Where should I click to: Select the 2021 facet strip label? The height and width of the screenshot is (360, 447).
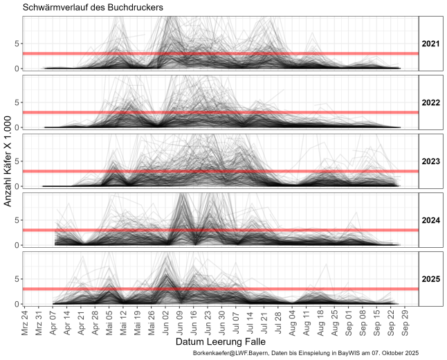[430, 44]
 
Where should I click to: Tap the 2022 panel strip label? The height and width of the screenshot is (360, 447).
[430, 102]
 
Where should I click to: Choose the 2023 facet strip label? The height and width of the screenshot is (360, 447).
[430, 161]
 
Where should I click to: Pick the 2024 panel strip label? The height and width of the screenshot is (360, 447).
[430, 220]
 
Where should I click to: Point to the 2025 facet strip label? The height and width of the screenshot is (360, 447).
[430, 279]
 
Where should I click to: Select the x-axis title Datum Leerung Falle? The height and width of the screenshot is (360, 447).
[221, 342]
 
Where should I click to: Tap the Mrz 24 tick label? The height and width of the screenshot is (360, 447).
[26, 321]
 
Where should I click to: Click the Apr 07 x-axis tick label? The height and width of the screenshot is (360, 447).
[54, 321]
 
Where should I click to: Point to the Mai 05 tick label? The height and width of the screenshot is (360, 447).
[110, 321]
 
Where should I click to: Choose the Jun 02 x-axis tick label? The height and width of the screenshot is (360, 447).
[166, 321]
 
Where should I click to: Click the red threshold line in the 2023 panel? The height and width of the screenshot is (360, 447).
[208, 171]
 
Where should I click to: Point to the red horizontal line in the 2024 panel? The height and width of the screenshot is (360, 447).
[208, 230]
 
